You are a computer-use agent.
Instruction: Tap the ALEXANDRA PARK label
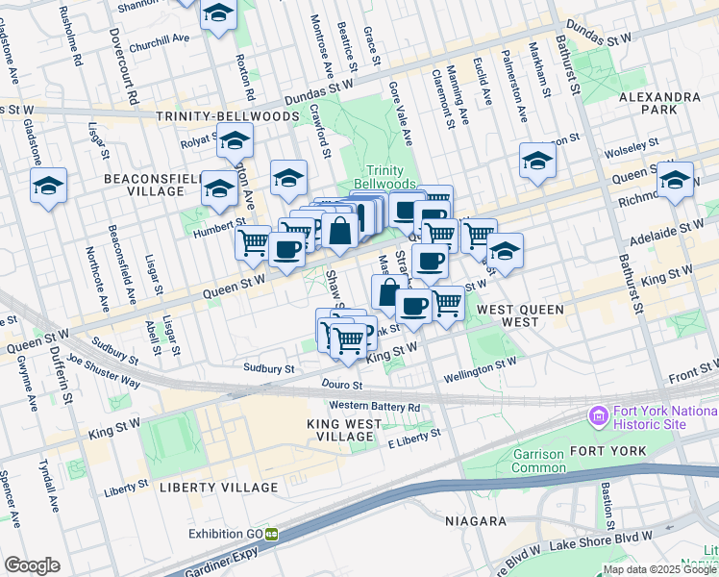coord(659,104)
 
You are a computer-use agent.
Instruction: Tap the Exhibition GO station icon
coord(272,534)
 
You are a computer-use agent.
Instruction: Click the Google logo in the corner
coord(32,565)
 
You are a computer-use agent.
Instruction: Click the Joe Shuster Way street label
coord(103,376)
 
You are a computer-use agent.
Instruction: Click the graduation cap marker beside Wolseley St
coord(537,161)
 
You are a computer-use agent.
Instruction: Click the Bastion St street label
coord(607,507)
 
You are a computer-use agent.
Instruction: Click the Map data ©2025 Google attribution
coord(659,569)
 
